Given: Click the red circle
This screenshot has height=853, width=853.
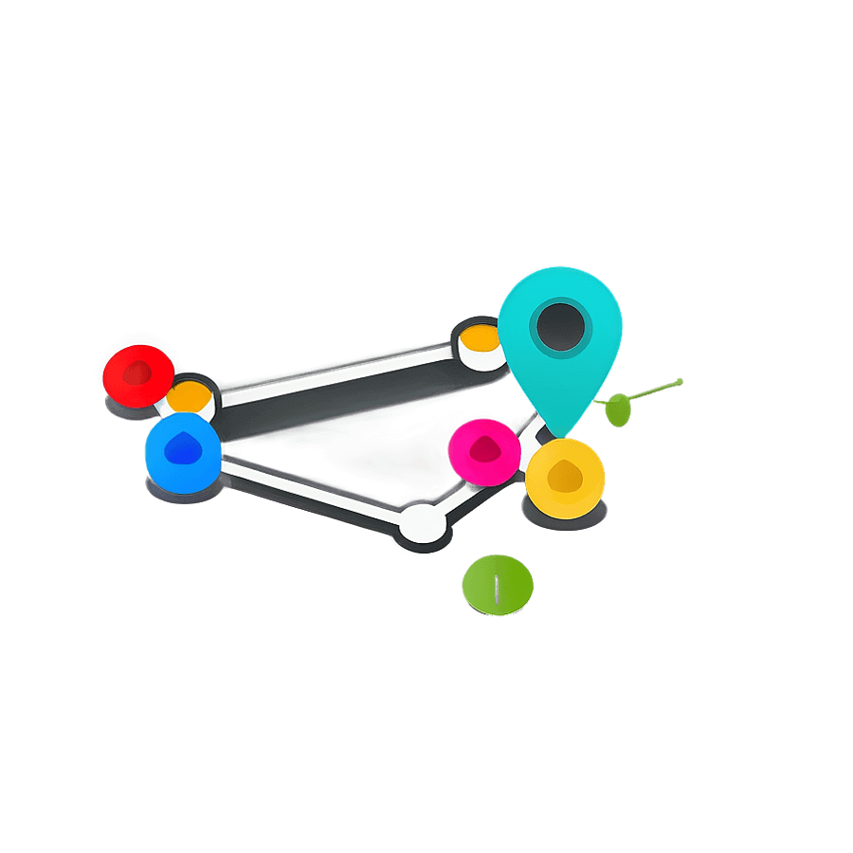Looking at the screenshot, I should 137,375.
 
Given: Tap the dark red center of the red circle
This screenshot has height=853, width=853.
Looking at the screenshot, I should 138,372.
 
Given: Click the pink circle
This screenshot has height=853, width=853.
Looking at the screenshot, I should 484,451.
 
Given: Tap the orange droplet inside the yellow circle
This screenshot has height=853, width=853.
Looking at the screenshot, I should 566,476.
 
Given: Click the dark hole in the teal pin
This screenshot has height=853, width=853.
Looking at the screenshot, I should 560,326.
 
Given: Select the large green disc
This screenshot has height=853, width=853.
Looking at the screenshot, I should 497,586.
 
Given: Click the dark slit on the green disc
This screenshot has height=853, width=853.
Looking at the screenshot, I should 497,590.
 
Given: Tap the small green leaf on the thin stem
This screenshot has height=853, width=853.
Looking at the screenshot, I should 617,408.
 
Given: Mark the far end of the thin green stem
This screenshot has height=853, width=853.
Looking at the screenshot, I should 680,382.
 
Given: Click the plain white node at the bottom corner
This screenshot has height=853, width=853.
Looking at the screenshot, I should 422,523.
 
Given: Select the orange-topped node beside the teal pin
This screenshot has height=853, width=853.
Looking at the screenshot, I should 481,343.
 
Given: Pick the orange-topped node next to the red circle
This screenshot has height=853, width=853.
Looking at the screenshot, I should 191,394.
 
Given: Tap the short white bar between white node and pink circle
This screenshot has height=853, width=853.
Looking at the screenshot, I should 458,499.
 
